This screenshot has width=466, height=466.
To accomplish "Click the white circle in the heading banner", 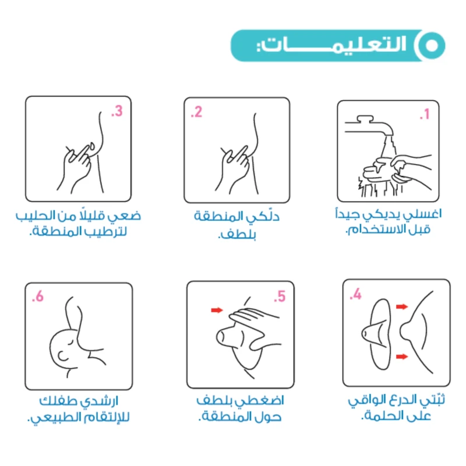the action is coord(432,45).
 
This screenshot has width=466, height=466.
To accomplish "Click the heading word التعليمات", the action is coord(331,45).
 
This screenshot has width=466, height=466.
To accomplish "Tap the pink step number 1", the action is coord(425,114).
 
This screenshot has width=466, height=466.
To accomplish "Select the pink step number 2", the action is coord(196,112).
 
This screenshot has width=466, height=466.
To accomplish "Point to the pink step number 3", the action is coord(117,111).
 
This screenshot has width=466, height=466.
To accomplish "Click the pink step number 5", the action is coord(280,296).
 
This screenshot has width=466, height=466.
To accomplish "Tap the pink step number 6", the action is coord(38,296).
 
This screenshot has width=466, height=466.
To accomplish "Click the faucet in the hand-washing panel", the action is coord(369,126).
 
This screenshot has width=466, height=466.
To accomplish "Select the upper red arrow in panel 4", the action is coord(402,306).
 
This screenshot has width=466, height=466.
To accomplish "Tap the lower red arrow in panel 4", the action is coord(402,356).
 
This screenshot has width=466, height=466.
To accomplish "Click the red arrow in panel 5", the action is coord(217,310).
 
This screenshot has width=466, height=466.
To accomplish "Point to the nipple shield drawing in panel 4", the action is coord(377,334).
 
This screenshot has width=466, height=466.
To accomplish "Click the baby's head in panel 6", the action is coord(65,349).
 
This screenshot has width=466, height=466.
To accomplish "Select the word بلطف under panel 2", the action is coord(237,235).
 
